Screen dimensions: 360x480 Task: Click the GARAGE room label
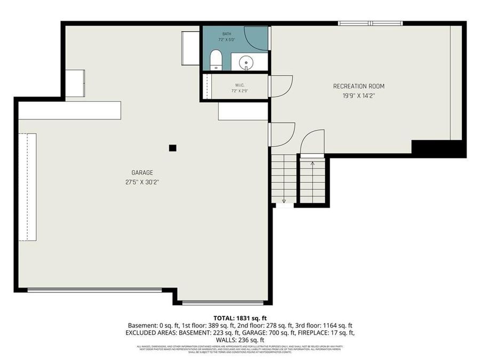coord(142,172)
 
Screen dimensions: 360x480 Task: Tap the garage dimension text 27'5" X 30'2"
coord(142,182)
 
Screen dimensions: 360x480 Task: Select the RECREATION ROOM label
coord(358,86)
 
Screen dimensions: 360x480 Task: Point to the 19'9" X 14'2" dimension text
coord(358,96)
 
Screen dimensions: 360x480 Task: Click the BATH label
coord(227,34)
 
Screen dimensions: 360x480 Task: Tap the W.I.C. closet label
coord(239,85)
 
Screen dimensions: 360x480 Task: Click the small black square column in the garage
coord(172,148)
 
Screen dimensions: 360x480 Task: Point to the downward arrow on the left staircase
coord(284,201)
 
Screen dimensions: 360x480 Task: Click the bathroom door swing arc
coord(256,37)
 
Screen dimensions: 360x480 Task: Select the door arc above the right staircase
coord(311,142)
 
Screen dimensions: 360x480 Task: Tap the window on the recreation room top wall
coord(370,23)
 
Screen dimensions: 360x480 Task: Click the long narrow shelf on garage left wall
coord(28,187)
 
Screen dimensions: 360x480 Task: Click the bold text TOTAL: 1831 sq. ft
coord(239,318)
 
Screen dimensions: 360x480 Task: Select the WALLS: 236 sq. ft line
coord(239,340)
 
